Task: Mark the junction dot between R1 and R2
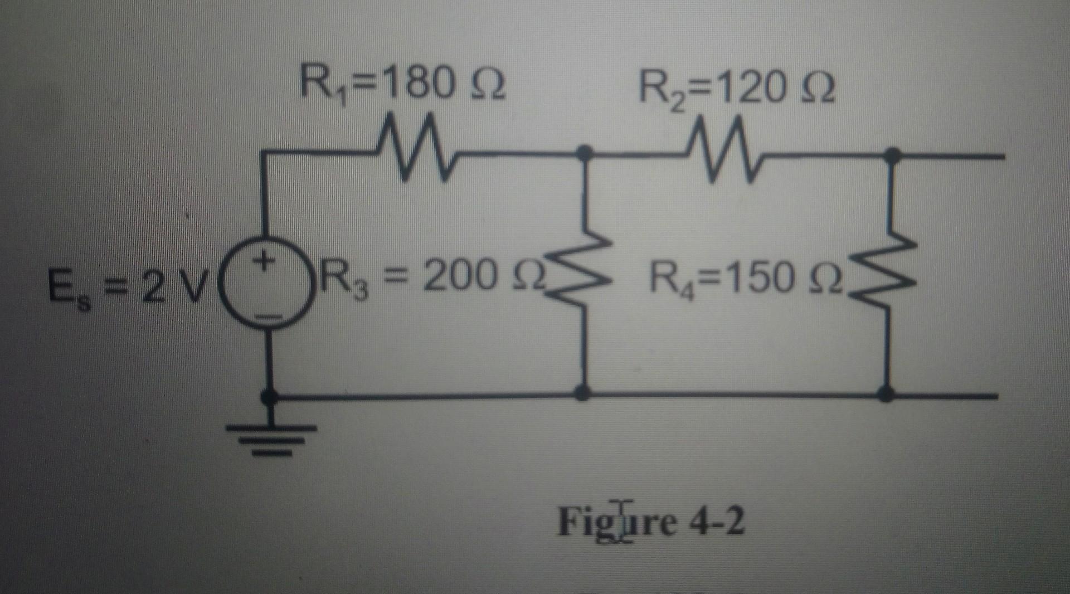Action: (583, 152)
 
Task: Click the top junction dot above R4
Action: (892, 155)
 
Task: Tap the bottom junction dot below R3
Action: (583, 393)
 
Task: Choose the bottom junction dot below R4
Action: (886, 394)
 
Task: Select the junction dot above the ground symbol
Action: (270, 397)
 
